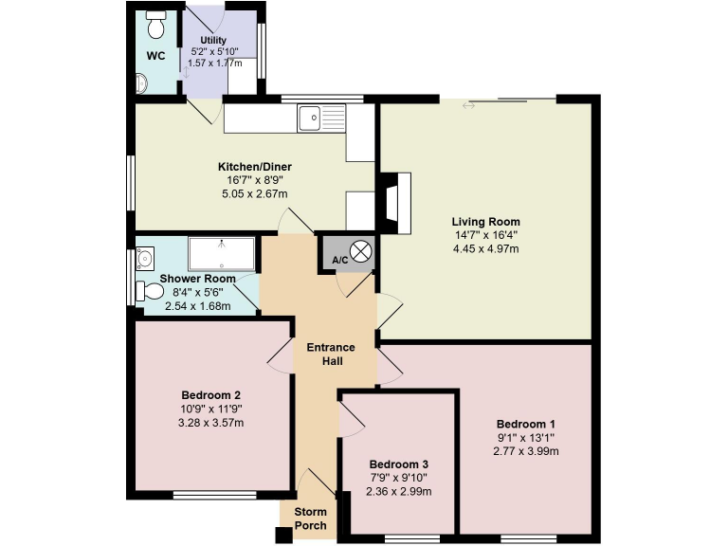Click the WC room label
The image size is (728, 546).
tap(155, 56)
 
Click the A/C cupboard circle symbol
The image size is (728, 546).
tap(363, 252)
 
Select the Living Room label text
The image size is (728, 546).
tap(485, 222)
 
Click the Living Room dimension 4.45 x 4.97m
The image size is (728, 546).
tap(485, 248)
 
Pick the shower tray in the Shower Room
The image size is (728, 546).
tap(221, 254)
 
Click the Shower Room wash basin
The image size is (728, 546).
tap(145, 257)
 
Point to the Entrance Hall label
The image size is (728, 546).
tap(331, 354)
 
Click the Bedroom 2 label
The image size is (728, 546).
tap(210, 395)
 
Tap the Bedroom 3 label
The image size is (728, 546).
tap(399, 464)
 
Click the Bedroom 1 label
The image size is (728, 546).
tap(526, 424)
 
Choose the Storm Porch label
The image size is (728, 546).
tap(310, 519)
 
